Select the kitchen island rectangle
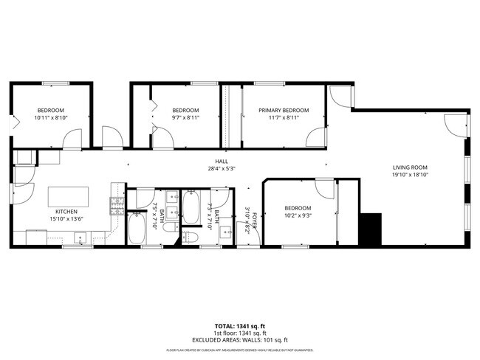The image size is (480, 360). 69,197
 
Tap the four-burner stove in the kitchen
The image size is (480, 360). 116,207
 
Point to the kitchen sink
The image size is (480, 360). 80,238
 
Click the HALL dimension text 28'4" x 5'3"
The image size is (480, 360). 221,168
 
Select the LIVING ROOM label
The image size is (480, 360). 410,167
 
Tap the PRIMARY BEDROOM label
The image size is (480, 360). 284,110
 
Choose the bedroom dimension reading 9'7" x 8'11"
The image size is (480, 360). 185,117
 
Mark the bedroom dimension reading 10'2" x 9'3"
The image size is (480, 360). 298,215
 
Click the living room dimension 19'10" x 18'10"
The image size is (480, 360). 410,175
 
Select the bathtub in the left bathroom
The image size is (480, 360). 138,230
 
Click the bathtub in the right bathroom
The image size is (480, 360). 191,207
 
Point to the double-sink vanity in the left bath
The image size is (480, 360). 171,206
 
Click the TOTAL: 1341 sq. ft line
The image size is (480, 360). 240,325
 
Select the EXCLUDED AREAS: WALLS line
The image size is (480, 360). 240,339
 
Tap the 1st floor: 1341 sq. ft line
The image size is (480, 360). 240,333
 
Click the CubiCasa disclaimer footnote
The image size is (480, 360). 240,350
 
